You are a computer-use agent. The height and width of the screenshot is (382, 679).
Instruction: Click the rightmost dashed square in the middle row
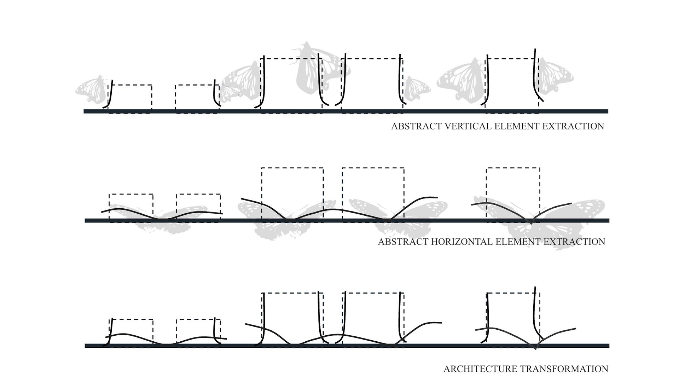513,193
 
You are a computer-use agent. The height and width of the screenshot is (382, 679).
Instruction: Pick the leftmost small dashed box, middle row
131,207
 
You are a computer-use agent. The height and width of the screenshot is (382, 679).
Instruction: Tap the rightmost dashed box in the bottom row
513,318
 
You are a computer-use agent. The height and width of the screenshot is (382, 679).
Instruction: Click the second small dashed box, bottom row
198,332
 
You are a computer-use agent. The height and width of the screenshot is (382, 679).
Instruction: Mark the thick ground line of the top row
346,111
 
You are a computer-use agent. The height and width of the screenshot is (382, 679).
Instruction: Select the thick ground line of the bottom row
347,346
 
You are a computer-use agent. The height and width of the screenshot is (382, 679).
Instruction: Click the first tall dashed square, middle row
292,193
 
